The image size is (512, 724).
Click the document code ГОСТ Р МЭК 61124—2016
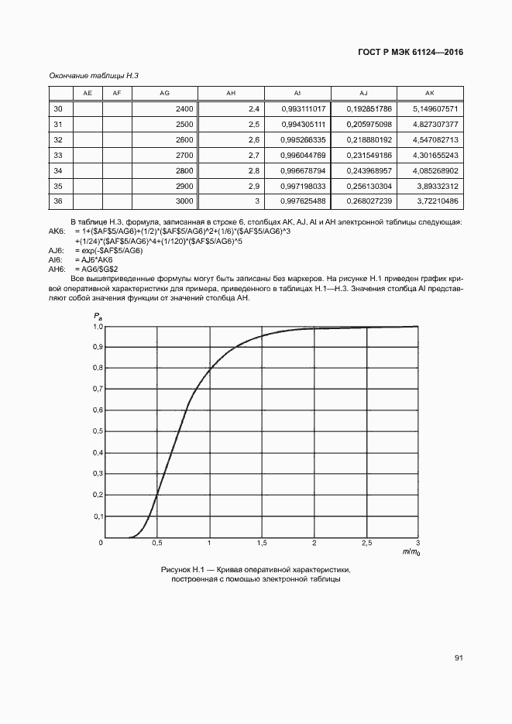[416, 53]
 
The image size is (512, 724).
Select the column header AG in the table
[164, 93]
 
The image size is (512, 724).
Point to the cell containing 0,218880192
[369, 139]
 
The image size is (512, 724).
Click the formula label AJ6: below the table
[56, 252]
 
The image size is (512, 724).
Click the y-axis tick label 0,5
[98, 431]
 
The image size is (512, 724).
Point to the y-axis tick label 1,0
[98, 327]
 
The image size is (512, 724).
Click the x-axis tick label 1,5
[262, 543]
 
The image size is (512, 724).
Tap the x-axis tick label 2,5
[366, 543]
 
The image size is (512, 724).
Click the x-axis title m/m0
[411, 552]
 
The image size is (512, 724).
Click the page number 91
[459, 657]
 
